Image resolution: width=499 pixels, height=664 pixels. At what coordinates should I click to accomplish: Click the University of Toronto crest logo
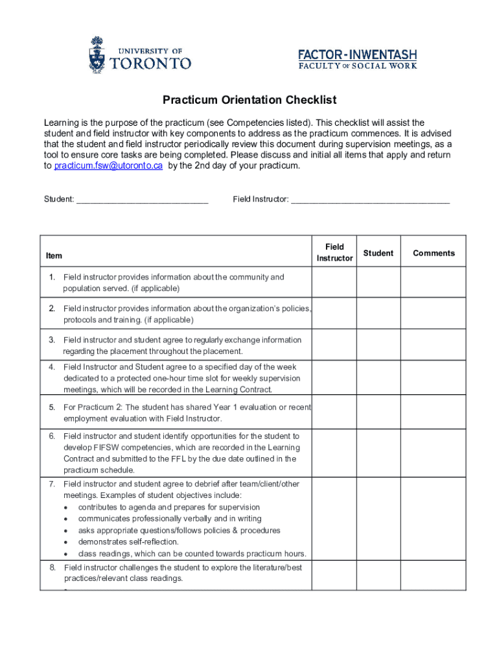coord(96,55)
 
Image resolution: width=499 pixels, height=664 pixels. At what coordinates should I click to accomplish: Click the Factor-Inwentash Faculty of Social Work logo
coord(357,59)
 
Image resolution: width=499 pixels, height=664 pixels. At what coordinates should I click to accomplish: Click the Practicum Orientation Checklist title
coord(250,100)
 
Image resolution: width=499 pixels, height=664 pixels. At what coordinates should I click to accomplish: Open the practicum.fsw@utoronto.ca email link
coord(108,166)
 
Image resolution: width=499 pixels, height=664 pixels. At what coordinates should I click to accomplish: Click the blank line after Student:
coord(143,199)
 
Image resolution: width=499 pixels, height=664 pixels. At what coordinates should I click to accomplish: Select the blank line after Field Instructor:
coord(370,199)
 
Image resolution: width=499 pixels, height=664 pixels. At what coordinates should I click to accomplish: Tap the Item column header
coord(54,256)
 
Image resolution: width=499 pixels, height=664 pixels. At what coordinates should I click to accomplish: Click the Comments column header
coord(434,253)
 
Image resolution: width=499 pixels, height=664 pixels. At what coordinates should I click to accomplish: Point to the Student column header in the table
coord(378,253)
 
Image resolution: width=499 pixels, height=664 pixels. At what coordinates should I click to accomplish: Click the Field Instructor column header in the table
coord(334,252)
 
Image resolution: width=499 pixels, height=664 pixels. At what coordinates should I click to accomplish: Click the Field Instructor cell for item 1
coord(334,282)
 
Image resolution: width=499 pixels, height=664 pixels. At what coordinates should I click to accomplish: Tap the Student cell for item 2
coord(378,314)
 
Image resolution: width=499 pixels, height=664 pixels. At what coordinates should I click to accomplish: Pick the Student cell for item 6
coord(378,453)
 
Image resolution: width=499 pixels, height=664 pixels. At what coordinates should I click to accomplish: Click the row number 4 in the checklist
coord(51,367)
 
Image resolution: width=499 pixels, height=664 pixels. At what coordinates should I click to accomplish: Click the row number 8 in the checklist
coord(52,567)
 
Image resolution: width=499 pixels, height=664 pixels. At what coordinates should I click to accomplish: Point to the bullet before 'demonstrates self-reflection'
coord(66,542)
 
